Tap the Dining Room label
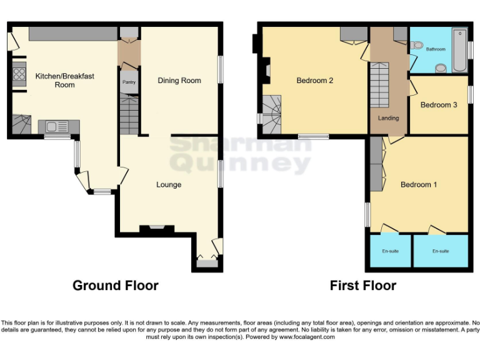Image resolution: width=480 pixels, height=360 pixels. (179, 81)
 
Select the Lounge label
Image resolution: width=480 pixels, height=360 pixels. (169, 185)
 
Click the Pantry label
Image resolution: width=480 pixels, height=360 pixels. (128, 82)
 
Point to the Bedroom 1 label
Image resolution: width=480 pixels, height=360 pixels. (419, 185)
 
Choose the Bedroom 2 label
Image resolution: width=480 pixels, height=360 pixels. (314, 81)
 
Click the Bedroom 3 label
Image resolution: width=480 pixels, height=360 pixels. (438, 105)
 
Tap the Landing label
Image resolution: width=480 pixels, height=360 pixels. (388, 118)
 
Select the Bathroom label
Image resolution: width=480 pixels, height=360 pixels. (436, 49)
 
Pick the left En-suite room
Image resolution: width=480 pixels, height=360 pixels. (390, 251)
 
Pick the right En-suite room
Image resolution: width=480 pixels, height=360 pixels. (441, 251)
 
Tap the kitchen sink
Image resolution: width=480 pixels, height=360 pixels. (57, 127)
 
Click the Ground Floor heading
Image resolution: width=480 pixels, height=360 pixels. (116, 286)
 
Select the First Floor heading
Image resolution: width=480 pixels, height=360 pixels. (363, 286)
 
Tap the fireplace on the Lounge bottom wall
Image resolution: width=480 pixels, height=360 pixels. (156, 229)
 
